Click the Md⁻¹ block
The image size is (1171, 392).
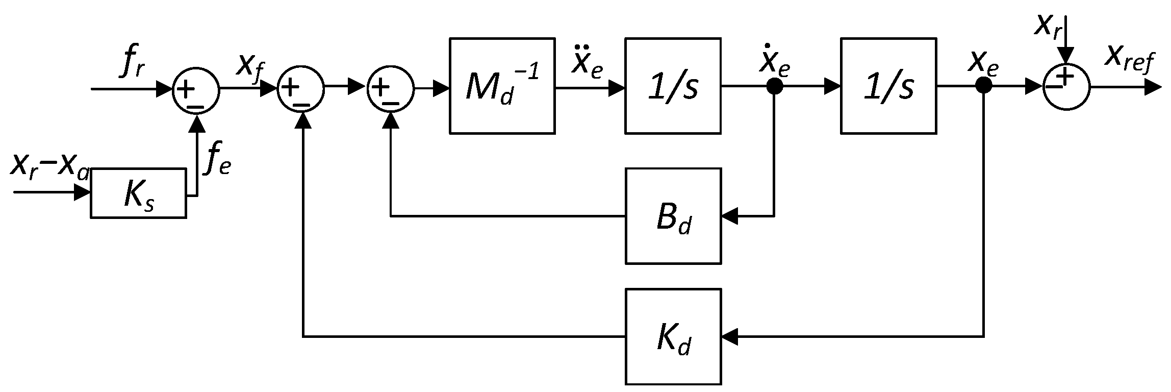[x=502, y=86]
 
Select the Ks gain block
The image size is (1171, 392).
[x=138, y=193]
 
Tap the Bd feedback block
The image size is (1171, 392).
[x=673, y=215]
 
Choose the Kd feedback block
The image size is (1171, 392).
[x=673, y=336]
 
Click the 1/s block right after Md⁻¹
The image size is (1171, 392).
[x=673, y=86]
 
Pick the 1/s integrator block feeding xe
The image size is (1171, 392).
[x=888, y=86]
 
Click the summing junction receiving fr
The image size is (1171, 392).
[x=196, y=89]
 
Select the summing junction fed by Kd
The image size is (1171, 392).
[x=301, y=89]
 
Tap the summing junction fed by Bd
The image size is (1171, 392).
[x=390, y=89]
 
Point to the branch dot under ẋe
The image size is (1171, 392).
[x=774, y=87]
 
